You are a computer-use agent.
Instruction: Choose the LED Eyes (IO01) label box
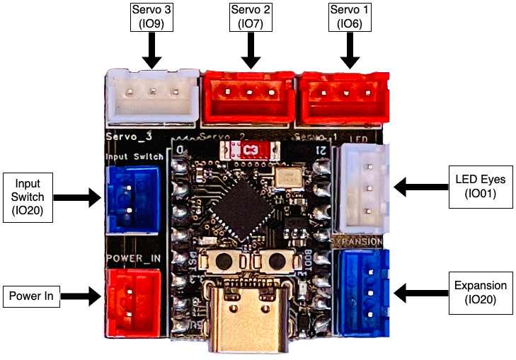(x=480, y=187)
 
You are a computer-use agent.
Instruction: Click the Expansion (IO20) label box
(x=481, y=292)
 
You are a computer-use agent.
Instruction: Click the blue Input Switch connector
(x=132, y=199)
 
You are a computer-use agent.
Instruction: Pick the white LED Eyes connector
(x=362, y=187)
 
